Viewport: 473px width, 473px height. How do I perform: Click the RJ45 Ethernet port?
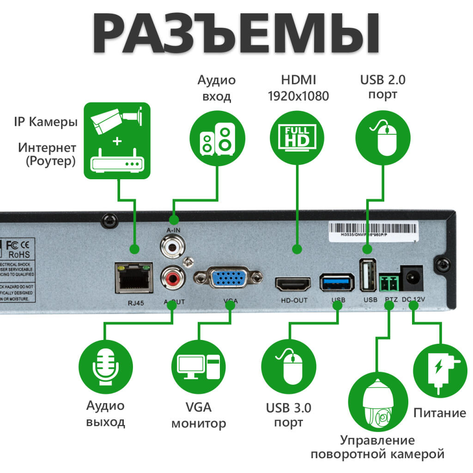pos(134,278)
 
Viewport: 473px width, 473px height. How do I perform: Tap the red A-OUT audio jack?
pos(173,279)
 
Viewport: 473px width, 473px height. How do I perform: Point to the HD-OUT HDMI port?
pos(293,284)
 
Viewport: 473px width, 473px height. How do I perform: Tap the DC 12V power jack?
pos(412,276)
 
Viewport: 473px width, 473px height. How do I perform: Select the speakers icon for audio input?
pos(217,137)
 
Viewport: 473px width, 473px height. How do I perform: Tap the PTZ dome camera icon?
pos(378,402)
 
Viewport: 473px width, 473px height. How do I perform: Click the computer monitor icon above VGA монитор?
pos(199,367)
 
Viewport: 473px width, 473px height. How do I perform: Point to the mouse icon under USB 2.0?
pos(383,137)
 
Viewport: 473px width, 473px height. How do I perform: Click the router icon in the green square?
pos(117,163)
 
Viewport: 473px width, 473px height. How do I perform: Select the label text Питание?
pos(439,412)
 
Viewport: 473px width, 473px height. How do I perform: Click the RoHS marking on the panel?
pos(19,254)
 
